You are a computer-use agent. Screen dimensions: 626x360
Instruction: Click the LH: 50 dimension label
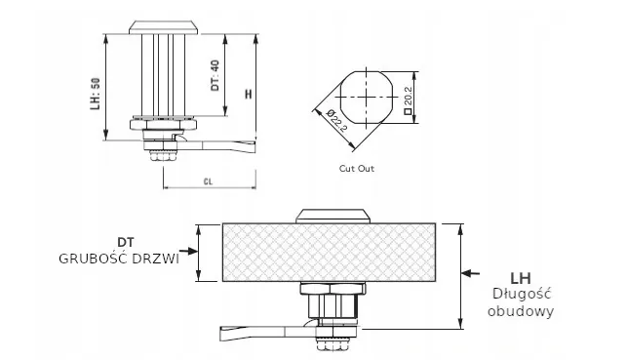click(x=95, y=94)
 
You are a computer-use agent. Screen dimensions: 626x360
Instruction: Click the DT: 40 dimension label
click(x=215, y=75)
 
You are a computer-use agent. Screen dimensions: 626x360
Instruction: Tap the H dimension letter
click(x=249, y=95)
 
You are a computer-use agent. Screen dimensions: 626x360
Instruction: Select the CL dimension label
click(x=208, y=181)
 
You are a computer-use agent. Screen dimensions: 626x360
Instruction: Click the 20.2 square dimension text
click(x=408, y=100)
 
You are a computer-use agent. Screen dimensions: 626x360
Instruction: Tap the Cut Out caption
click(x=357, y=169)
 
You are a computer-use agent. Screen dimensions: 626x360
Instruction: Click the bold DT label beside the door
click(x=126, y=243)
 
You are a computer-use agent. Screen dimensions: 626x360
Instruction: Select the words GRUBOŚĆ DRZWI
click(x=119, y=259)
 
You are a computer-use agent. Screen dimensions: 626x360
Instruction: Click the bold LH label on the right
click(x=521, y=278)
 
